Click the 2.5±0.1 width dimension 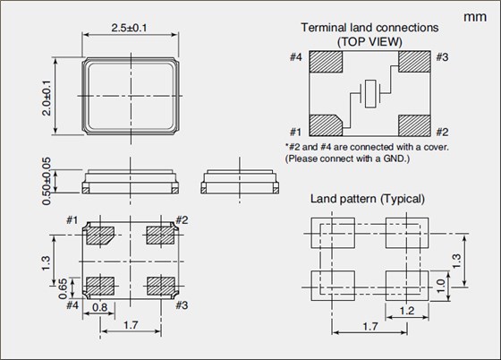click(x=129, y=28)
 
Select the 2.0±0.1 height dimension click(x=47, y=98)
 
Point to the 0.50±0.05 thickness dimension click(x=47, y=181)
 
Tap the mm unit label click(x=475, y=17)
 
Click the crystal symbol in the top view click(x=370, y=94)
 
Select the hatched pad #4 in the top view click(x=326, y=62)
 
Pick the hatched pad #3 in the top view click(x=414, y=62)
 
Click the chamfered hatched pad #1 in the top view click(x=326, y=125)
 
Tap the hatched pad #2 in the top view click(x=414, y=125)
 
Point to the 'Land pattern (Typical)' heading click(x=368, y=199)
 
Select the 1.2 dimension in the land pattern click(x=407, y=311)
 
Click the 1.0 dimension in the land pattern click(x=441, y=286)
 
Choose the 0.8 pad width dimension click(x=99, y=307)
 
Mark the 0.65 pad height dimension click(x=63, y=288)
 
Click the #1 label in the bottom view click(x=72, y=220)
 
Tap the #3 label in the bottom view click(x=182, y=305)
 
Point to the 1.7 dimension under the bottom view click(x=131, y=325)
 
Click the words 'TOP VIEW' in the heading click(x=370, y=42)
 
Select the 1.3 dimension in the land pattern click(x=457, y=261)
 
